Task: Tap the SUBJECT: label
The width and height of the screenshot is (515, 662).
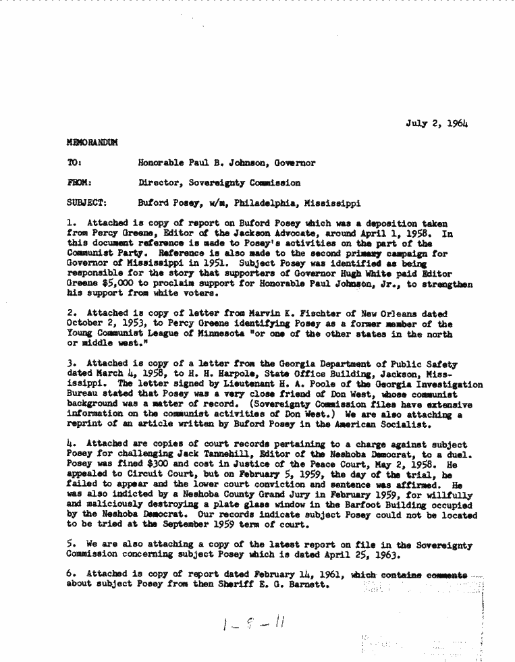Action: pos(87,202)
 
